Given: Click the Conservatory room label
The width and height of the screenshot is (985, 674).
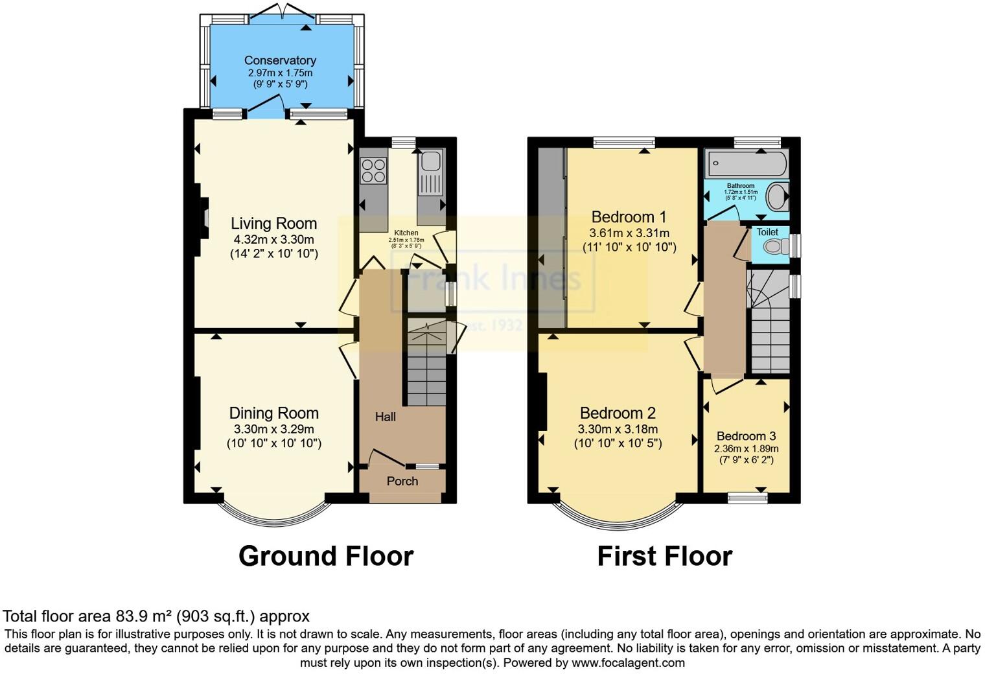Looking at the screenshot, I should click(280, 60).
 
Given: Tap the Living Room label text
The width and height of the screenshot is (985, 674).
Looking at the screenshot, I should click(273, 224).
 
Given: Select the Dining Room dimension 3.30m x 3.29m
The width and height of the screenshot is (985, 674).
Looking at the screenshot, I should click(273, 429).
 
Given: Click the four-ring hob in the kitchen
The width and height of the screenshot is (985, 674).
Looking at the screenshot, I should click(373, 170).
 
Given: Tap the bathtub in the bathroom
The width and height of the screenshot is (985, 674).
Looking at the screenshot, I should click(747, 164).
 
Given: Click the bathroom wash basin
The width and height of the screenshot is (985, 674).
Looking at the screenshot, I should click(776, 196).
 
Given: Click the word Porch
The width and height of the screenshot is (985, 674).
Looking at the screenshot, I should click(402, 481).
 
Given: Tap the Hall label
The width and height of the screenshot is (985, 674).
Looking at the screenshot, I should click(385, 417).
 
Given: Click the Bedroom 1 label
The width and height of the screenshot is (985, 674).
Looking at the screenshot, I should click(629, 216).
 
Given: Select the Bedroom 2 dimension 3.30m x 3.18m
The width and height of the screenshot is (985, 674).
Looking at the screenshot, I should click(618, 429).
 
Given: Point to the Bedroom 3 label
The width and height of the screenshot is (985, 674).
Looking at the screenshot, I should click(746, 436).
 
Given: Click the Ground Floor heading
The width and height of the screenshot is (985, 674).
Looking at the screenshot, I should click(325, 556).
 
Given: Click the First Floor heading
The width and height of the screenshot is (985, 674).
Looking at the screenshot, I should click(664, 556).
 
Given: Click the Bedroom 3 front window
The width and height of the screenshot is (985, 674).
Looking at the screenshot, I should click(747, 497).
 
